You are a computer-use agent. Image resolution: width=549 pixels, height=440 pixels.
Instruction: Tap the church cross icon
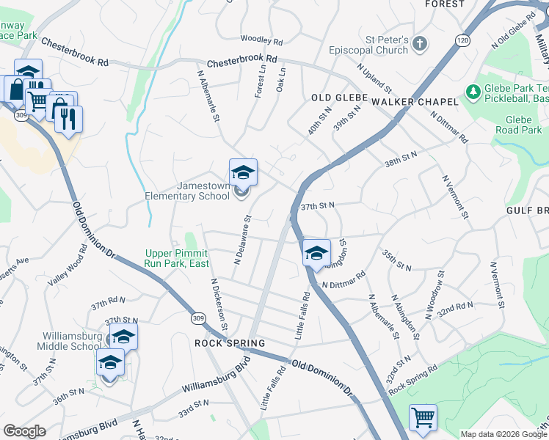(x=420, y=43)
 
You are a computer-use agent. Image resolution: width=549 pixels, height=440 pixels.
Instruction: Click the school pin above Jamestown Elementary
(x=243, y=173)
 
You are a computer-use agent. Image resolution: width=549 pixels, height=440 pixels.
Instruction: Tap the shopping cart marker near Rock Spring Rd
(x=423, y=418)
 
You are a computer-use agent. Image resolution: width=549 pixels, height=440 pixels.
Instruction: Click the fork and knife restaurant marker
(x=69, y=119)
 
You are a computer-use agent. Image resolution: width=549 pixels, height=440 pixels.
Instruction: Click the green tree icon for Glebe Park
(x=473, y=92)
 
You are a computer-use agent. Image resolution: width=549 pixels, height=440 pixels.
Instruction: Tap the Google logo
(x=25, y=431)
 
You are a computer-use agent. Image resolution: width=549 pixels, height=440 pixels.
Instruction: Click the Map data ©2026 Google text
(x=503, y=434)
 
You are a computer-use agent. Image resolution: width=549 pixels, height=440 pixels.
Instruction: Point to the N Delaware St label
(x=243, y=239)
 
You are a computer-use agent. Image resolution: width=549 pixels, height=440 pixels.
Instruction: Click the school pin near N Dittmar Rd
(x=316, y=253)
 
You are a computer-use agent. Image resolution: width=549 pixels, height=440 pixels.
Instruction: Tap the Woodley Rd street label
(x=261, y=41)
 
